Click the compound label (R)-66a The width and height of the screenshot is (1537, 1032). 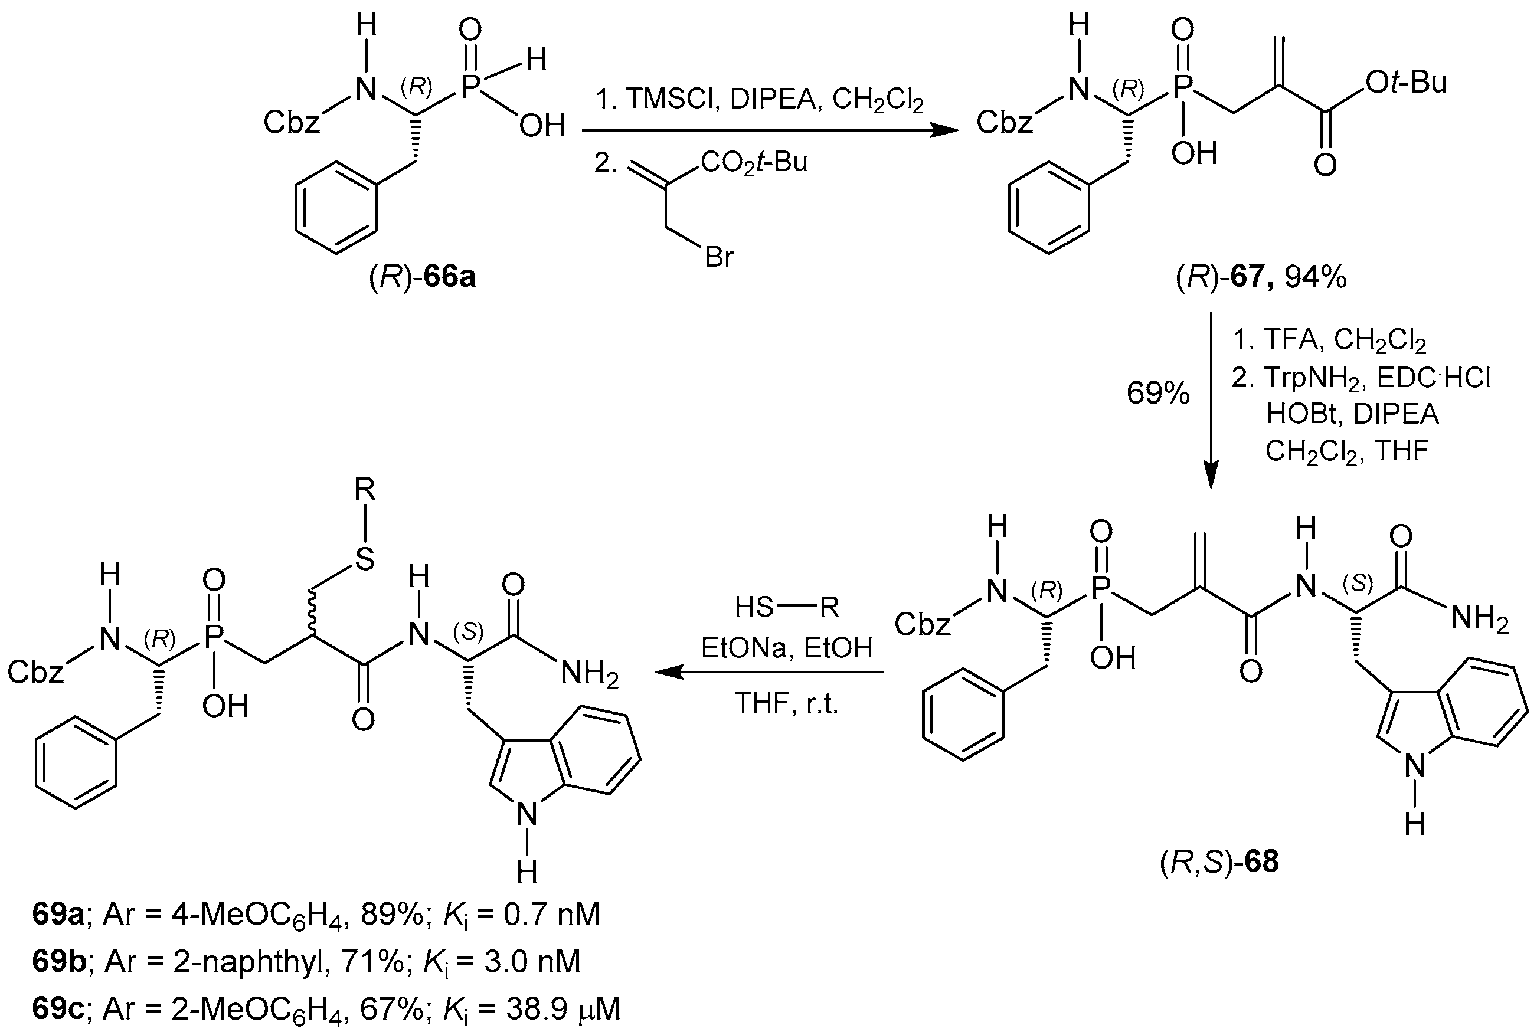coord(422,277)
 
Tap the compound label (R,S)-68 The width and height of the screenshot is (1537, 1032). coord(1219,861)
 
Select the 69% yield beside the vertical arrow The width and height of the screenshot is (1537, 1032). coord(1158,394)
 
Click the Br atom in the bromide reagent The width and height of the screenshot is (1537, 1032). coord(719,257)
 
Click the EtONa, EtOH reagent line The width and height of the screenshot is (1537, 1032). coord(787,648)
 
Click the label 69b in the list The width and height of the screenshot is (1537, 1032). coord(58,962)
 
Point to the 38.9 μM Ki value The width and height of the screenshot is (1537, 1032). coord(563,1009)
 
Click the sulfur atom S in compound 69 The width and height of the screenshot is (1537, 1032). coord(365,559)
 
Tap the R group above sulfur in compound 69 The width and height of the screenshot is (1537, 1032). coord(365,490)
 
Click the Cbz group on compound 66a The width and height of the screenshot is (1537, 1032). coord(291,122)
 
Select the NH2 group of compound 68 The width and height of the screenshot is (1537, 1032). coord(1479,620)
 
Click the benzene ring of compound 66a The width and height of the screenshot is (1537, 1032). coord(336,207)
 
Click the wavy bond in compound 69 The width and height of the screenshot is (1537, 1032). coord(313,615)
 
